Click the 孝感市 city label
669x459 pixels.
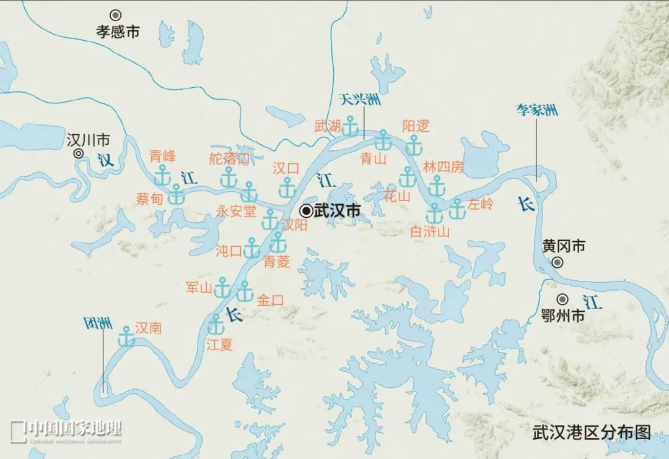point(118,32)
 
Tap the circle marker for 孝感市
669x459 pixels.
point(115,14)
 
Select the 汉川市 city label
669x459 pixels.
point(88,140)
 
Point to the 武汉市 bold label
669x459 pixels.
point(337,211)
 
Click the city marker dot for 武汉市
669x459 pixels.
point(305,211)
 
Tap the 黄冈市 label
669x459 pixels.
point(563,246)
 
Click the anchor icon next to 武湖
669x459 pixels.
point(351,126)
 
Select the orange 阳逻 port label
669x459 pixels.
point(415,126)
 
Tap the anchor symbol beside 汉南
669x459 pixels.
point(126,337)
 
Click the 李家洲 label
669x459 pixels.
point(537,111)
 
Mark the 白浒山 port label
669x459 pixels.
point(430,231)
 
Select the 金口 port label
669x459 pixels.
point(270,301)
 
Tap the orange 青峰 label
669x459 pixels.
point(162,156)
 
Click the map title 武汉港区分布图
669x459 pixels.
point(592,432)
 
